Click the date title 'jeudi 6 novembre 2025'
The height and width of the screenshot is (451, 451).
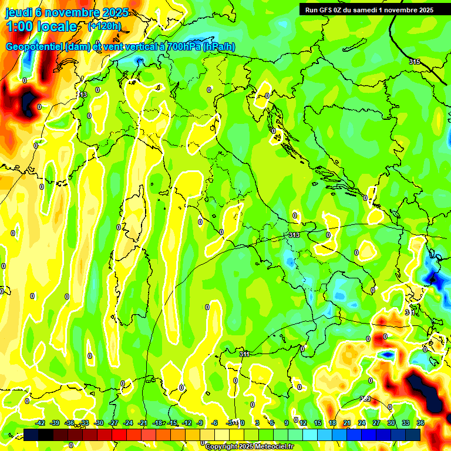click(69, 12)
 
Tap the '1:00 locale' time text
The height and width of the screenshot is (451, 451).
click(41, 26)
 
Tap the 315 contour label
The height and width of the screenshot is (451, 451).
click(415, 62)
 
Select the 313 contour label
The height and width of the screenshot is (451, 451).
click(294, 235)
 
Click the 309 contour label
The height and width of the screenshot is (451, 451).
click(365, 399)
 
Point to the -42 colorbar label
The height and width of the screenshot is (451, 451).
click(41, 423)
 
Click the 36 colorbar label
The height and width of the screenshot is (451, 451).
click(420, 423)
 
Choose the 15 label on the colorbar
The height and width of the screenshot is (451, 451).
click(317, 423)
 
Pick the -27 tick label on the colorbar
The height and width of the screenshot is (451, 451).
click(114, 423)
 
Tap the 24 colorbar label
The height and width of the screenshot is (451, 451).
click(361, 423)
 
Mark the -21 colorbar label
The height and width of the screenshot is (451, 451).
click(143, 423)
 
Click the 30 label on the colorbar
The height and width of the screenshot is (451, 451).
click(391, 423)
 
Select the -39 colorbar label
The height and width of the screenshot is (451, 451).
click(55, 423)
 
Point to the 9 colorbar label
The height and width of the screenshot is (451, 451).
click(287, 423)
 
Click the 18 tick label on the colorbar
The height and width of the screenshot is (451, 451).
click(332, 423)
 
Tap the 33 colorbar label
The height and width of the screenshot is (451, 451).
click(406, 423)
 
